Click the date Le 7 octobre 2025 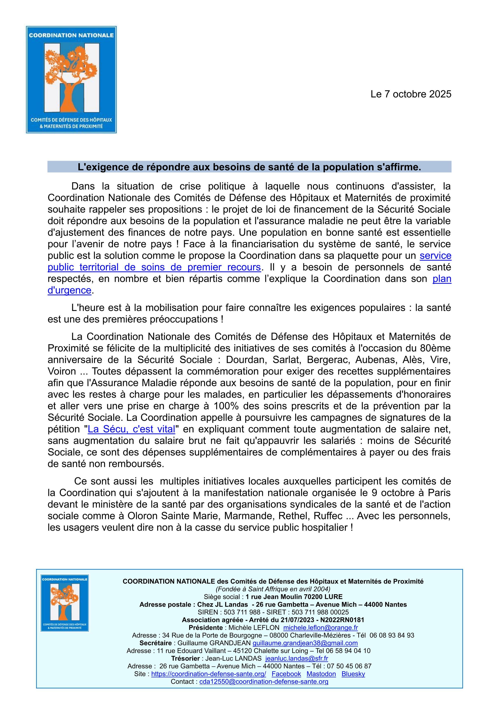[411, 94]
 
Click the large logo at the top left [71, 79]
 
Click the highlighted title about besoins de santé [249, 167]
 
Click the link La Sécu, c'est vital [131, 429]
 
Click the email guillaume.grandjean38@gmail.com [305, 643]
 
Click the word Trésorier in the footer [186, 658]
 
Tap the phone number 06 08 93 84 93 [392, 635]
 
